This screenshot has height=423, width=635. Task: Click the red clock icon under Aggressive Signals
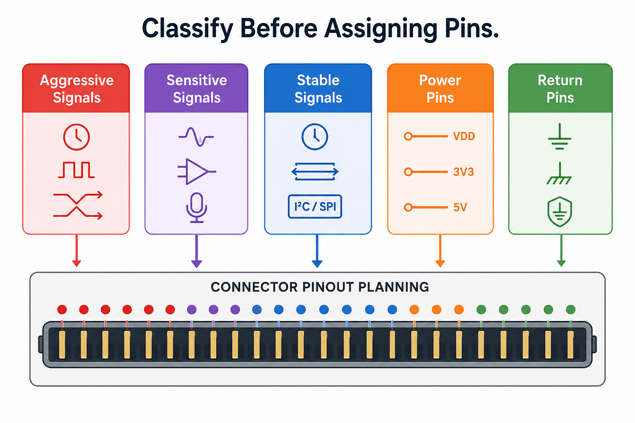pyautogui.click(x=76, y=137)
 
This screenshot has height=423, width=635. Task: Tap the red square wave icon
pyautogui.click(x=76, y=170)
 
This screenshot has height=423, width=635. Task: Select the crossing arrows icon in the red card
pyautogui.click(x=78, y=206)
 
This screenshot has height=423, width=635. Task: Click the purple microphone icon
pyautogui.click(x=196, y=208)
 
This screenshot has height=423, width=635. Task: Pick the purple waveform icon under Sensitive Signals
pyautogui.click(x=196, y=137)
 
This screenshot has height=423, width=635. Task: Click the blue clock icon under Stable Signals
pyautogui.click(x=315, y=137)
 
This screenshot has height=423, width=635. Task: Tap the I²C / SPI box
pyautogui.click(x=315, y=207)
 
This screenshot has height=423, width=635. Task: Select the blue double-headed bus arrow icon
pyautogui.click(x=315, y=172)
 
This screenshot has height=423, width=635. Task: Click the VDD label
pyautogui.click(x=464, y=136)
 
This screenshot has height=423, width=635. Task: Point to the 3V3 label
pyautogui.click(x=463, y=172)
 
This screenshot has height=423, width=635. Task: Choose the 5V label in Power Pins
pyautogui.click(x=460, y=207)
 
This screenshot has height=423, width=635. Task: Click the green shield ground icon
pyautogui.click(x=559, y=211)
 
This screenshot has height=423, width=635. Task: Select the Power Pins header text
pyautogui.click(x=440, y=89)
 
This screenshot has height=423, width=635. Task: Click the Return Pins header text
pyautogui.click(x=560, y=89)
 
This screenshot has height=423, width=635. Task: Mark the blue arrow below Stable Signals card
pyautogui.click(x=317, y=251)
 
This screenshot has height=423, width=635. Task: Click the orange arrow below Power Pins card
pyautogui.click(x=440, y=251)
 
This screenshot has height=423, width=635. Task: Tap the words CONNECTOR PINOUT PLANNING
pyautogui.click(x=320, y=287)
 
